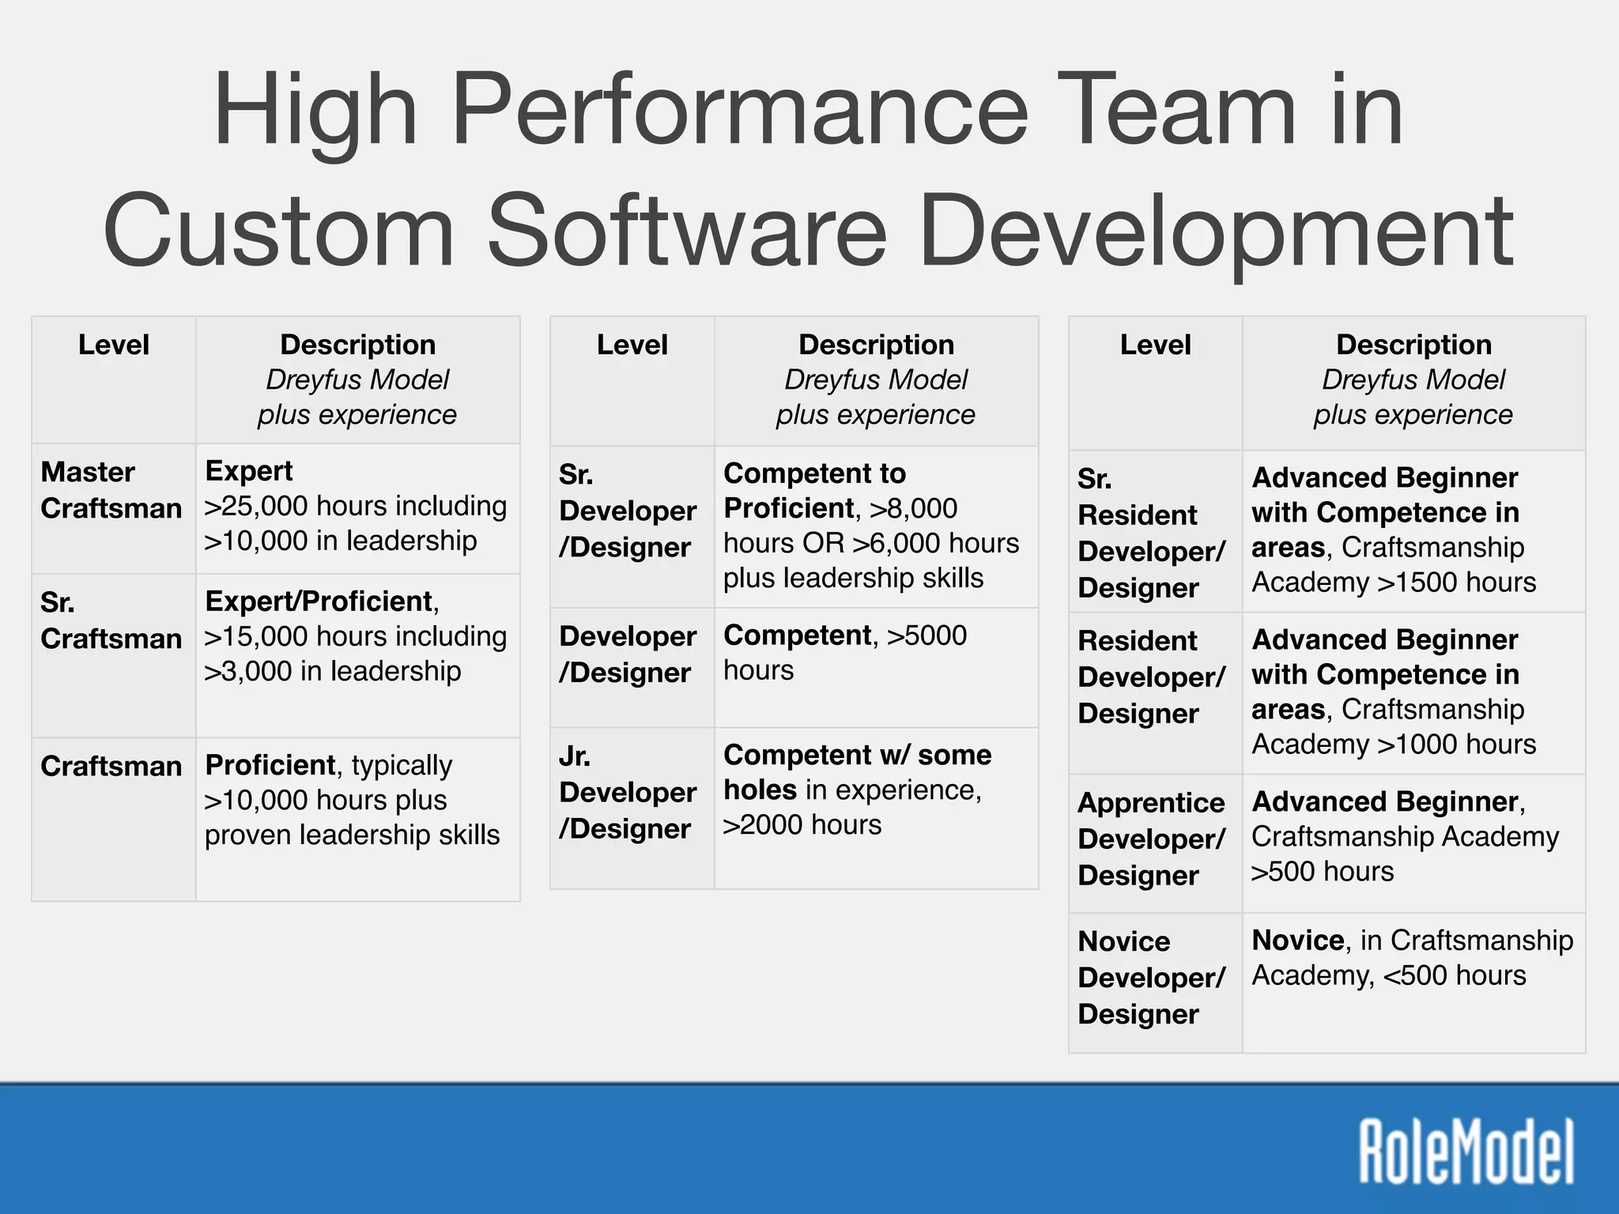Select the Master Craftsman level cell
[x=111, y=490]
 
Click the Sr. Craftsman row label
[x=111, y=620]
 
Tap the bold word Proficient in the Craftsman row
[x=270, y=765]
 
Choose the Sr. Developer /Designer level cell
[x=628, y=511]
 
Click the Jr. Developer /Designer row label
[x=628, y=792]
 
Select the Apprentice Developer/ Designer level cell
[x=1151, y=839]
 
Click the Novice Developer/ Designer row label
[x=1151, y=978]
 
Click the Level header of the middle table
[x=632, y=345]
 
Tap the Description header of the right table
[x=1413, y=345]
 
